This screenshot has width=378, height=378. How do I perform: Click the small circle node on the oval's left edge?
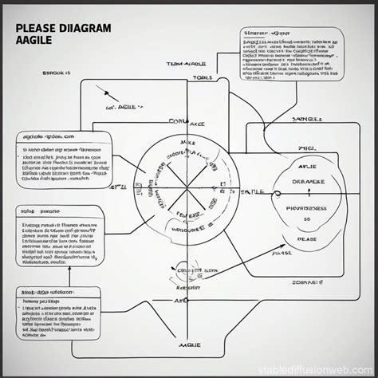click(x=277, y=192)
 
